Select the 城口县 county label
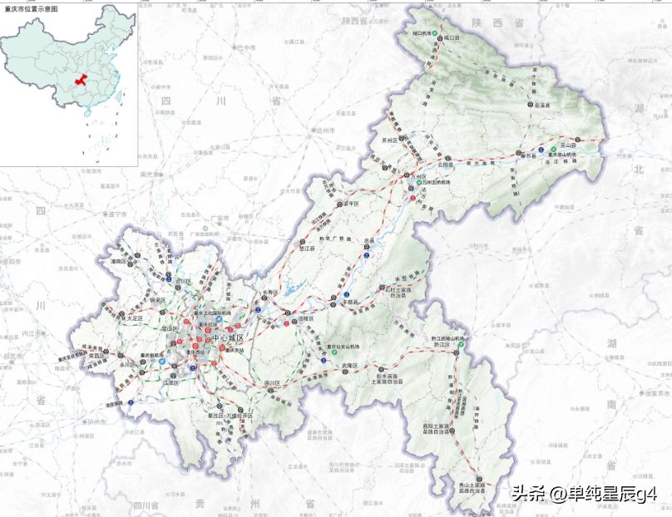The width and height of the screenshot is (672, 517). point(452,38)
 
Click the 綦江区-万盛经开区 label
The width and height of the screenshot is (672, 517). point(228,413)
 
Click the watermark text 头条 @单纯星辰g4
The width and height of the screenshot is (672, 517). point(584,494)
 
